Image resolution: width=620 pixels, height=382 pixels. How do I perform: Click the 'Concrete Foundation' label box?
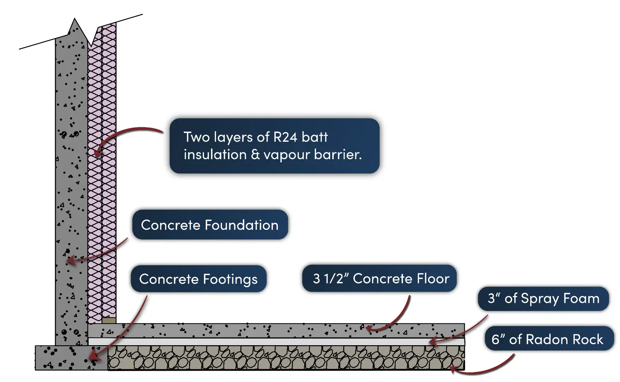(210, 225)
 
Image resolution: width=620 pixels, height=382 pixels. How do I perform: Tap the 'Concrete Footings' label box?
(198, 279)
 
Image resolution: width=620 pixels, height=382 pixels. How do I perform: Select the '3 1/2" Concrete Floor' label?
(379, 278)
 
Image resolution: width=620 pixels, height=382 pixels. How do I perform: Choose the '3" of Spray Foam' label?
(543, 299)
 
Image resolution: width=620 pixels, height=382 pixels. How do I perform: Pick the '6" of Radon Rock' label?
(549, 339)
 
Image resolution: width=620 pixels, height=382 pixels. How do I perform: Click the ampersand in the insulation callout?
(255, 155)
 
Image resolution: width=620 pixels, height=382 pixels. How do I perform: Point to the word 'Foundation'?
(241, 225)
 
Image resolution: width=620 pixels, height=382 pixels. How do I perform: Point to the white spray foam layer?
(276, 342)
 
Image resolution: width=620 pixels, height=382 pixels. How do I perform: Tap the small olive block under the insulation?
(109, 320)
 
